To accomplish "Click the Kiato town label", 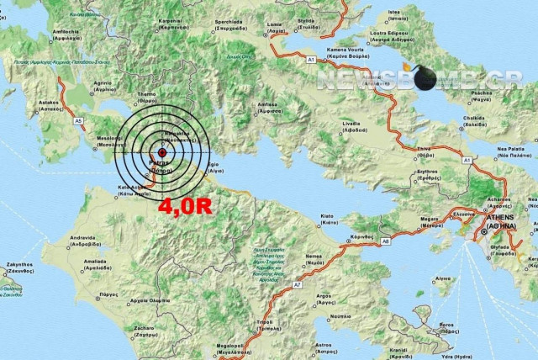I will coord(327,215).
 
